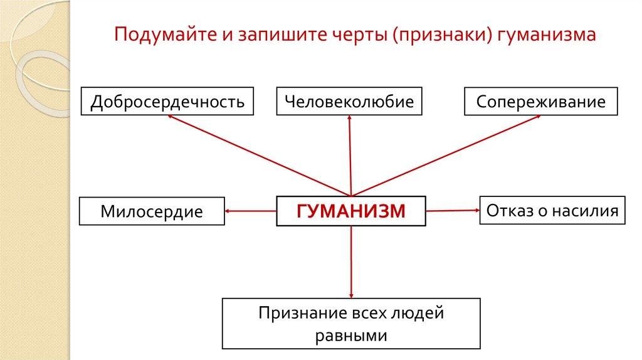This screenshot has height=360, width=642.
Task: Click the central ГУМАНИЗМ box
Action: [x=351, y=211]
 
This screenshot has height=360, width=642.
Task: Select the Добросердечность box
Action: [x=167, y=102]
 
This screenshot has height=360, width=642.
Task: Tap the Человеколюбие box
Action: [x=349, y=102]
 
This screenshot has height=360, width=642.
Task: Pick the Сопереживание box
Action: [x=541, y=102]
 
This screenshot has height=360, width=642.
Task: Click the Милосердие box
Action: [x=152, y=211]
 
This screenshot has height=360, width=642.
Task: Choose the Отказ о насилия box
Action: [x=552, y=210]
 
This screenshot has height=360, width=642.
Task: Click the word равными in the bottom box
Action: [x=351, y=335]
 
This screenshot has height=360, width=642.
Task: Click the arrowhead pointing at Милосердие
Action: [x=228, y=211]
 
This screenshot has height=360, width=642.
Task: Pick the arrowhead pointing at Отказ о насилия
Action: [x=476, y=210]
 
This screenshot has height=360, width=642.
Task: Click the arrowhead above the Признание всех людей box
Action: [x=351, y=294]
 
